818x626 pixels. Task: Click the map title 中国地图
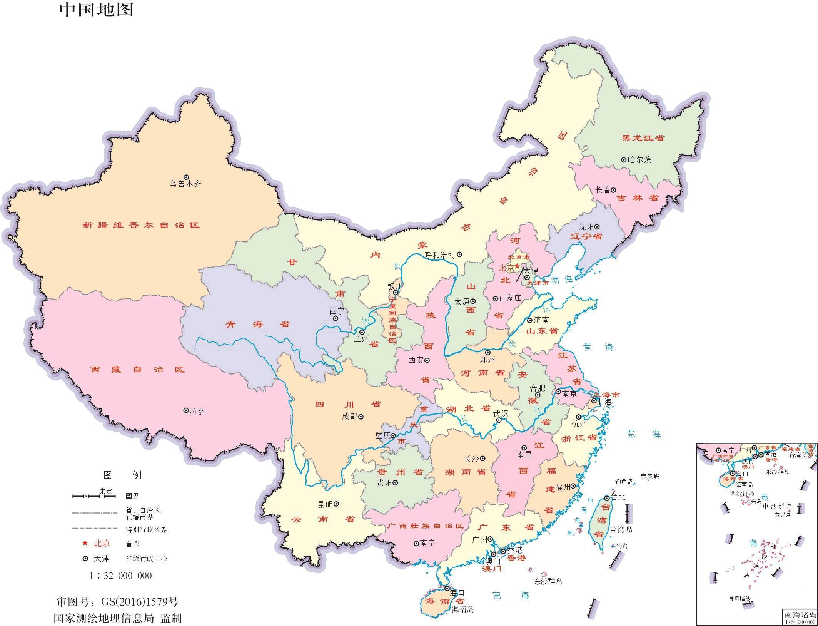point(97,10)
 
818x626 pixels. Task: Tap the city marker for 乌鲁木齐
point(186,177)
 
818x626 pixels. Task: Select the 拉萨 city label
point(197,412)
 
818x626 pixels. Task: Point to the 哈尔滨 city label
point(639,160)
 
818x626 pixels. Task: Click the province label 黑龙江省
point(643,138)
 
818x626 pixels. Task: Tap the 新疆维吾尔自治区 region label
point(141,225)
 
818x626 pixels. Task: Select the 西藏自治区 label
point(137,370)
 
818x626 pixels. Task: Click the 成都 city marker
point(361,416)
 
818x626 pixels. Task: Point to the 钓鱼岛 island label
point(624,481)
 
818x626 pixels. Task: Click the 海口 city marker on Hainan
point(447,589)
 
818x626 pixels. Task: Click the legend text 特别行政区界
point(146,529)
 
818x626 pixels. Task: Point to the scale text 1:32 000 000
point(120,576)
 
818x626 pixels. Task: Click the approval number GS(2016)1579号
point(140,602)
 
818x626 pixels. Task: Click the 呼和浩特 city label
point(440,255)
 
